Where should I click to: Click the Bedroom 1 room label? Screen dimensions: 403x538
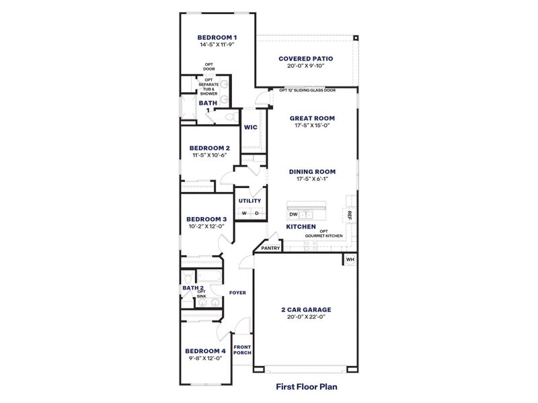point(217,37)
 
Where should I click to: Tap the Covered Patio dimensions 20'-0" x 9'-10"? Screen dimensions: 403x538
point(305,66)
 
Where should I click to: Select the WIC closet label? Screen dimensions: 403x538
point(251,127)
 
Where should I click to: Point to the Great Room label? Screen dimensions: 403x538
point(312,118)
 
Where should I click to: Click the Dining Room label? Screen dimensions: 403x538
point(312,171)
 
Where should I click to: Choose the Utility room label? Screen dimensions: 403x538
point(250,201)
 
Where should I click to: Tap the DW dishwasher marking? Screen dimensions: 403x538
point(294,214)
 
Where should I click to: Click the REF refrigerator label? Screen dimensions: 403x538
point(350,214)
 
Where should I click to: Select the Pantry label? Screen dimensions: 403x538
point(271,249)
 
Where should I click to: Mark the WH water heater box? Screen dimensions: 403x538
point(350,259)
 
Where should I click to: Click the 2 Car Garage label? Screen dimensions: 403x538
point(306,310)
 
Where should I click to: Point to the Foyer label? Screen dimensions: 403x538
point(237,293)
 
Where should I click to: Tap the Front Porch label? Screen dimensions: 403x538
point(242,351)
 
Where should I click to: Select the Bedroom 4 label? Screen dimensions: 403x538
point(205,351)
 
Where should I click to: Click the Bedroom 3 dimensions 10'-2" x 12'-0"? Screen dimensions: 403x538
point(206,226)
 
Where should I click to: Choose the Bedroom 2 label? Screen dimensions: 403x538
point(209,148)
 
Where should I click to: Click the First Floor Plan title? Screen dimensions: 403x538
point(306,387)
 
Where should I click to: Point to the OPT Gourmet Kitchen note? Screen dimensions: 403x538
point(324,234)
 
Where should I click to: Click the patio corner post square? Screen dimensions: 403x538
point(356,37)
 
